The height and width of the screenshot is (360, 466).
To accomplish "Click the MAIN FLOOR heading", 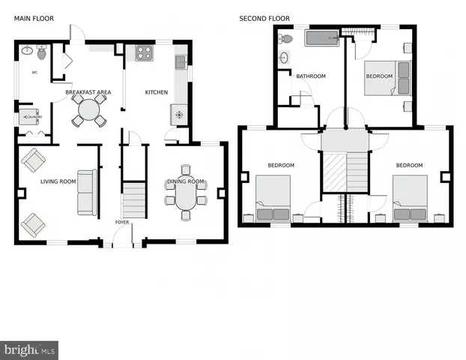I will pos(32,19).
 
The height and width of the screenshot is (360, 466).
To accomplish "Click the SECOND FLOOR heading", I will pos(264,19).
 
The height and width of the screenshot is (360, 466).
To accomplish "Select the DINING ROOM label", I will pos(185,181).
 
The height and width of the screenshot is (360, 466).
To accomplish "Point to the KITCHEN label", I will pos(157,92).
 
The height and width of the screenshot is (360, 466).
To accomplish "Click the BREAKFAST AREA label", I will pos(88,92).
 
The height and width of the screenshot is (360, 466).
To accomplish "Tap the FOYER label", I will pos(121,223).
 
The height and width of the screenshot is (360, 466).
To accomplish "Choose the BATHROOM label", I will pos(310,76).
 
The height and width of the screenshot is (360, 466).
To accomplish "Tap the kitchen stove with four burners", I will pos(144,52).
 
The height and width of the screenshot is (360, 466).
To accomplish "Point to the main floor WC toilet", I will pos(42,53).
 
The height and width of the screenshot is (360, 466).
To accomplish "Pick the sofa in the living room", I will pos(87,192).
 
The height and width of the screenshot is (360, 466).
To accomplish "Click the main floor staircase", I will pos(133,200).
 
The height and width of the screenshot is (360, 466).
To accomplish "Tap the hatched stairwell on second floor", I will pos(345,173).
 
